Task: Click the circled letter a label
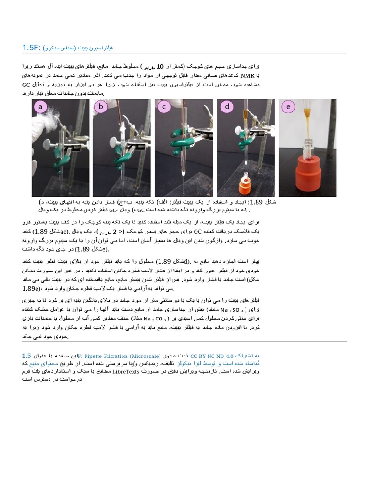click(40, 107)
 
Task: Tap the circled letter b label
click(101, 107)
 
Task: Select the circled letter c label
click(164, 107)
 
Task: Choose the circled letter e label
click(288, 107)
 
